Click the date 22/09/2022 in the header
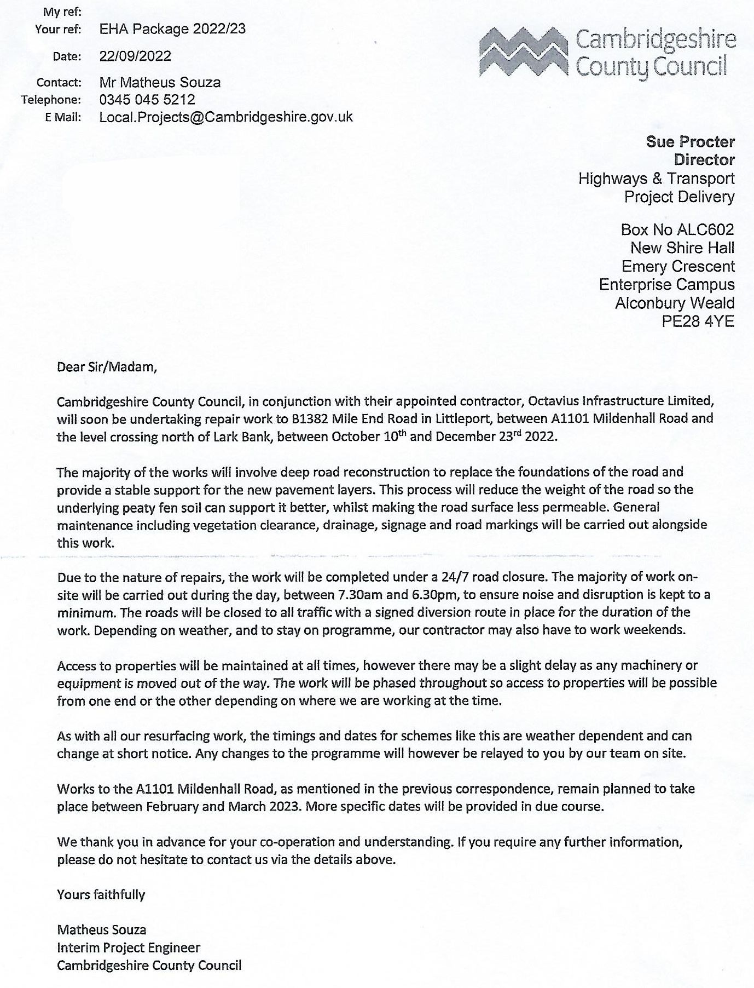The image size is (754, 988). click(x=135, y=56)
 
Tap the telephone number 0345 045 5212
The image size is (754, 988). click(x=147, y=100)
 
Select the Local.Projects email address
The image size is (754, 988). click(x=226, y=117)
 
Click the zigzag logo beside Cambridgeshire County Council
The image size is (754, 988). click(x=524, y=53)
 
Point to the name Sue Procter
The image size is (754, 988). click(x=690, y=141)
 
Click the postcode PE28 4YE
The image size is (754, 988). click(x=698, y=321)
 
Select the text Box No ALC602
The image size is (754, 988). click(x=677, y=229)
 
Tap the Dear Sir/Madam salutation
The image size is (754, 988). click(x=107, y=367)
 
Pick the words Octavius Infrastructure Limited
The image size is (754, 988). click(x=620, y=401)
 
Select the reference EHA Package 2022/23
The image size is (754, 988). click(x=172, y=29)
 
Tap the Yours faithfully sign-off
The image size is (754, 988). click(x=101, y=895)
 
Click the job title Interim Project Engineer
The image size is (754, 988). click(x=129, y=947)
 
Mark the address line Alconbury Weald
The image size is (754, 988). click(x=674, y=303)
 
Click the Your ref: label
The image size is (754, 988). click(x=58, y=30)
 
